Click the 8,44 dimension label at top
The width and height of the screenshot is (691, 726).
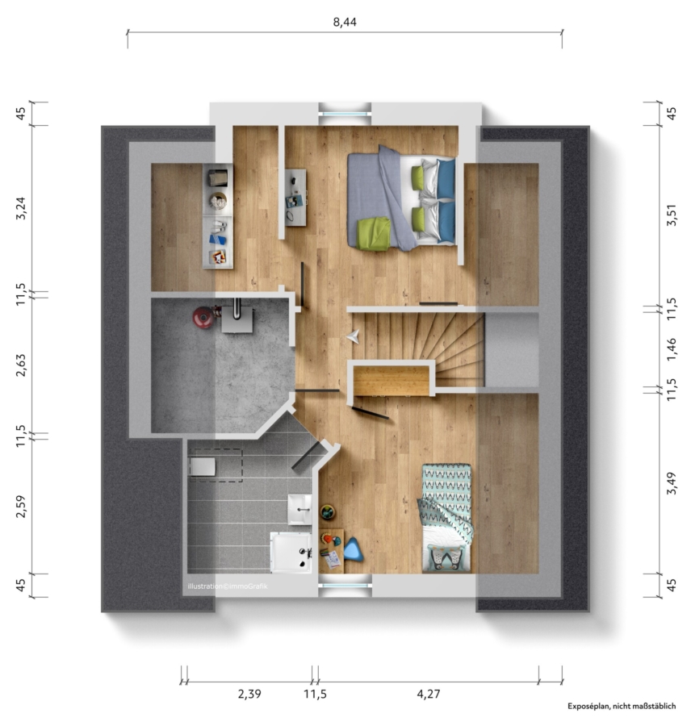[x=345, y=22]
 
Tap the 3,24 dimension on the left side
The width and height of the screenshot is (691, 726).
[x=21, y=208]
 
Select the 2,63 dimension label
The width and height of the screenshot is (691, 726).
[x=21, y=365]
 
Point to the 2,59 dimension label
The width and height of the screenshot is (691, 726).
[x=21, y=506]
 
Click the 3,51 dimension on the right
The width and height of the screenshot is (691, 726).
[x=672, y=215]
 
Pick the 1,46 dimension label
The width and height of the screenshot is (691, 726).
[x=672, y=350]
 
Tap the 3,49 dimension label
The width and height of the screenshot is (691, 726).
[x=672, y=483]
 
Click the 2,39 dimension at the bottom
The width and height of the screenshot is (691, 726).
[x=249, y=694]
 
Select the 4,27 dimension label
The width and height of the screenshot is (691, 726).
[x=429, y=694]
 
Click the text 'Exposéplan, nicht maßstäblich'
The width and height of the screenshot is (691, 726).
[x=622, y=706]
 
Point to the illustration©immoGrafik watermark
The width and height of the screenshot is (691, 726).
[x=228, y=586]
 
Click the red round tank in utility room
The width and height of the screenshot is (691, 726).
[x=203, y=318]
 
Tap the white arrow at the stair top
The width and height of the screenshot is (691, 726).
[x=353, y=336]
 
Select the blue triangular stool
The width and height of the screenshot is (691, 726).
[x=353, y=549]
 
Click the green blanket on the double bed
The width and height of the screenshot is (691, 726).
[x=374, y=234]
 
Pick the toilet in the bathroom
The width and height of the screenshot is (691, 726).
[x=203, y=467]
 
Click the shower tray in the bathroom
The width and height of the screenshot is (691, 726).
[x=291, y=552]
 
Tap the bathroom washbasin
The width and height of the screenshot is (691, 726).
[x=299, y=509]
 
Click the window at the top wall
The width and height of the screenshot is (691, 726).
[x=345, y=114]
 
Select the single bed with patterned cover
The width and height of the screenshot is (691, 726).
[x=446, y=518]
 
